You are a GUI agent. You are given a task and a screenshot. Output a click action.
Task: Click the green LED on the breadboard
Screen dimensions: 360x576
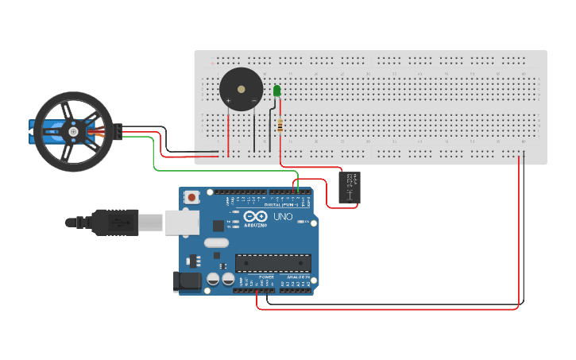[277, 91]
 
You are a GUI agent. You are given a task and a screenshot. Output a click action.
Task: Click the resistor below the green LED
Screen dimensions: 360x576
[280, 125]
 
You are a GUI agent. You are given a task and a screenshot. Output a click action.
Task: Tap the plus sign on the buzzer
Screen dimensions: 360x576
[229, 101]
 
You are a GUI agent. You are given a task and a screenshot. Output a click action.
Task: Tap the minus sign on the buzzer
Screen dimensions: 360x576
[253, 101]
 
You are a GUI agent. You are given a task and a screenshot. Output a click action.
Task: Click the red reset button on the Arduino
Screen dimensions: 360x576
[191, 197]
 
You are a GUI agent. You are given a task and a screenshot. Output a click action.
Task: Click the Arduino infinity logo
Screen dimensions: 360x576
[257, 217]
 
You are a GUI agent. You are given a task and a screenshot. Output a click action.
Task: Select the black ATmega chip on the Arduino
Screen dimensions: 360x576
[273, 262]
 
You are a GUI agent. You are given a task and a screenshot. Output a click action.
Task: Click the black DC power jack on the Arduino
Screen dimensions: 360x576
[186, 281]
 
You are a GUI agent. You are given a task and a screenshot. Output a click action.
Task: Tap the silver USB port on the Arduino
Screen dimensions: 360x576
[181, 223]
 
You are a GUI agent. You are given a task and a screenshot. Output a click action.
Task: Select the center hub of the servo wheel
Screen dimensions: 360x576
[72, 132]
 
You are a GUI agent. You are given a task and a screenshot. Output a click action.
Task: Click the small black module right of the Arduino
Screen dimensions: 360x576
[350, 188]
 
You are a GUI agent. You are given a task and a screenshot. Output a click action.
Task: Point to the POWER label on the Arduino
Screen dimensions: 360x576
[255, 277]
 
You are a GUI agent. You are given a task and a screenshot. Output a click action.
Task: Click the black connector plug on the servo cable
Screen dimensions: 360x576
[118, 133]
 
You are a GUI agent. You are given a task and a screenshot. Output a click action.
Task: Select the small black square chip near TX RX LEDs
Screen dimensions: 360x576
[218, 226]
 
